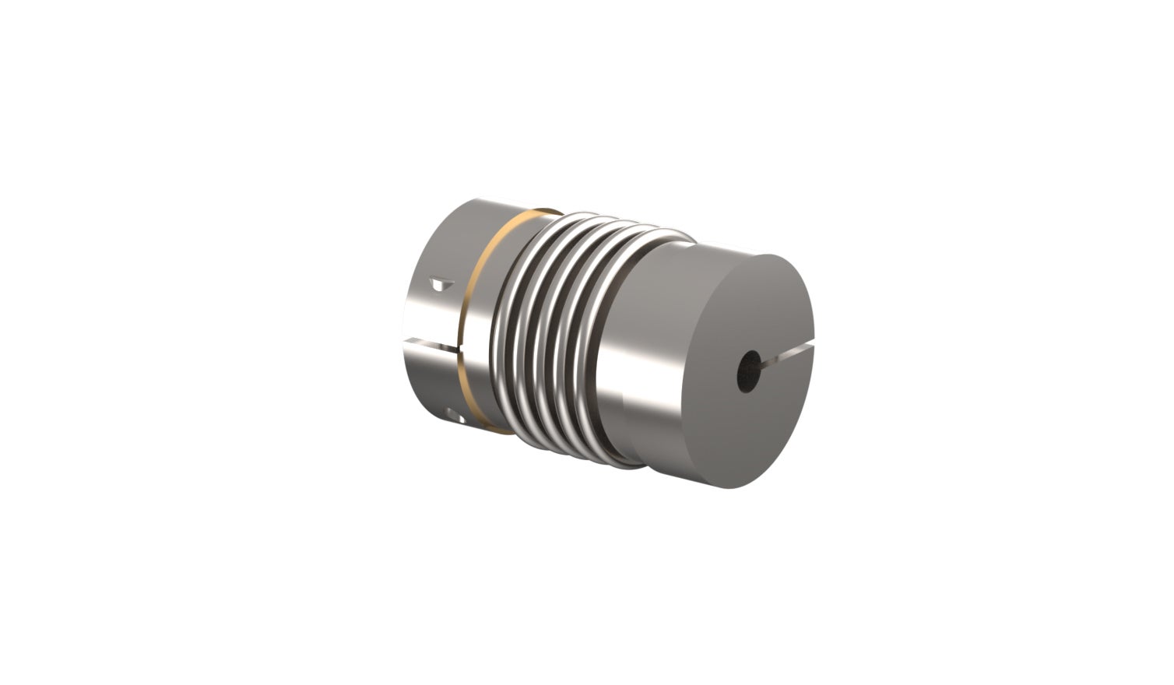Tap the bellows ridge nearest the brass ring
pos(510,327)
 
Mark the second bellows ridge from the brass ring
pos(533,331)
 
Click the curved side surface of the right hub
pos(646,350)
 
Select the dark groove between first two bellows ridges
pos(522,331)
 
